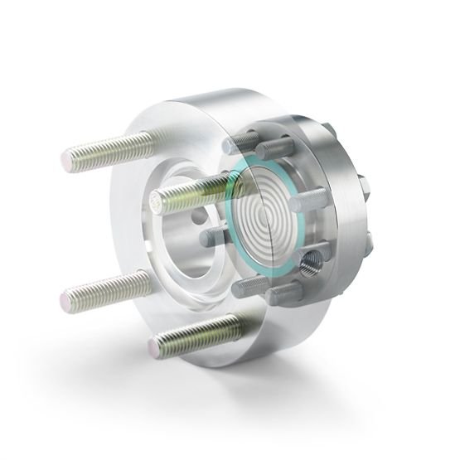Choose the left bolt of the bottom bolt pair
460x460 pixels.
(x=245, y=287)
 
